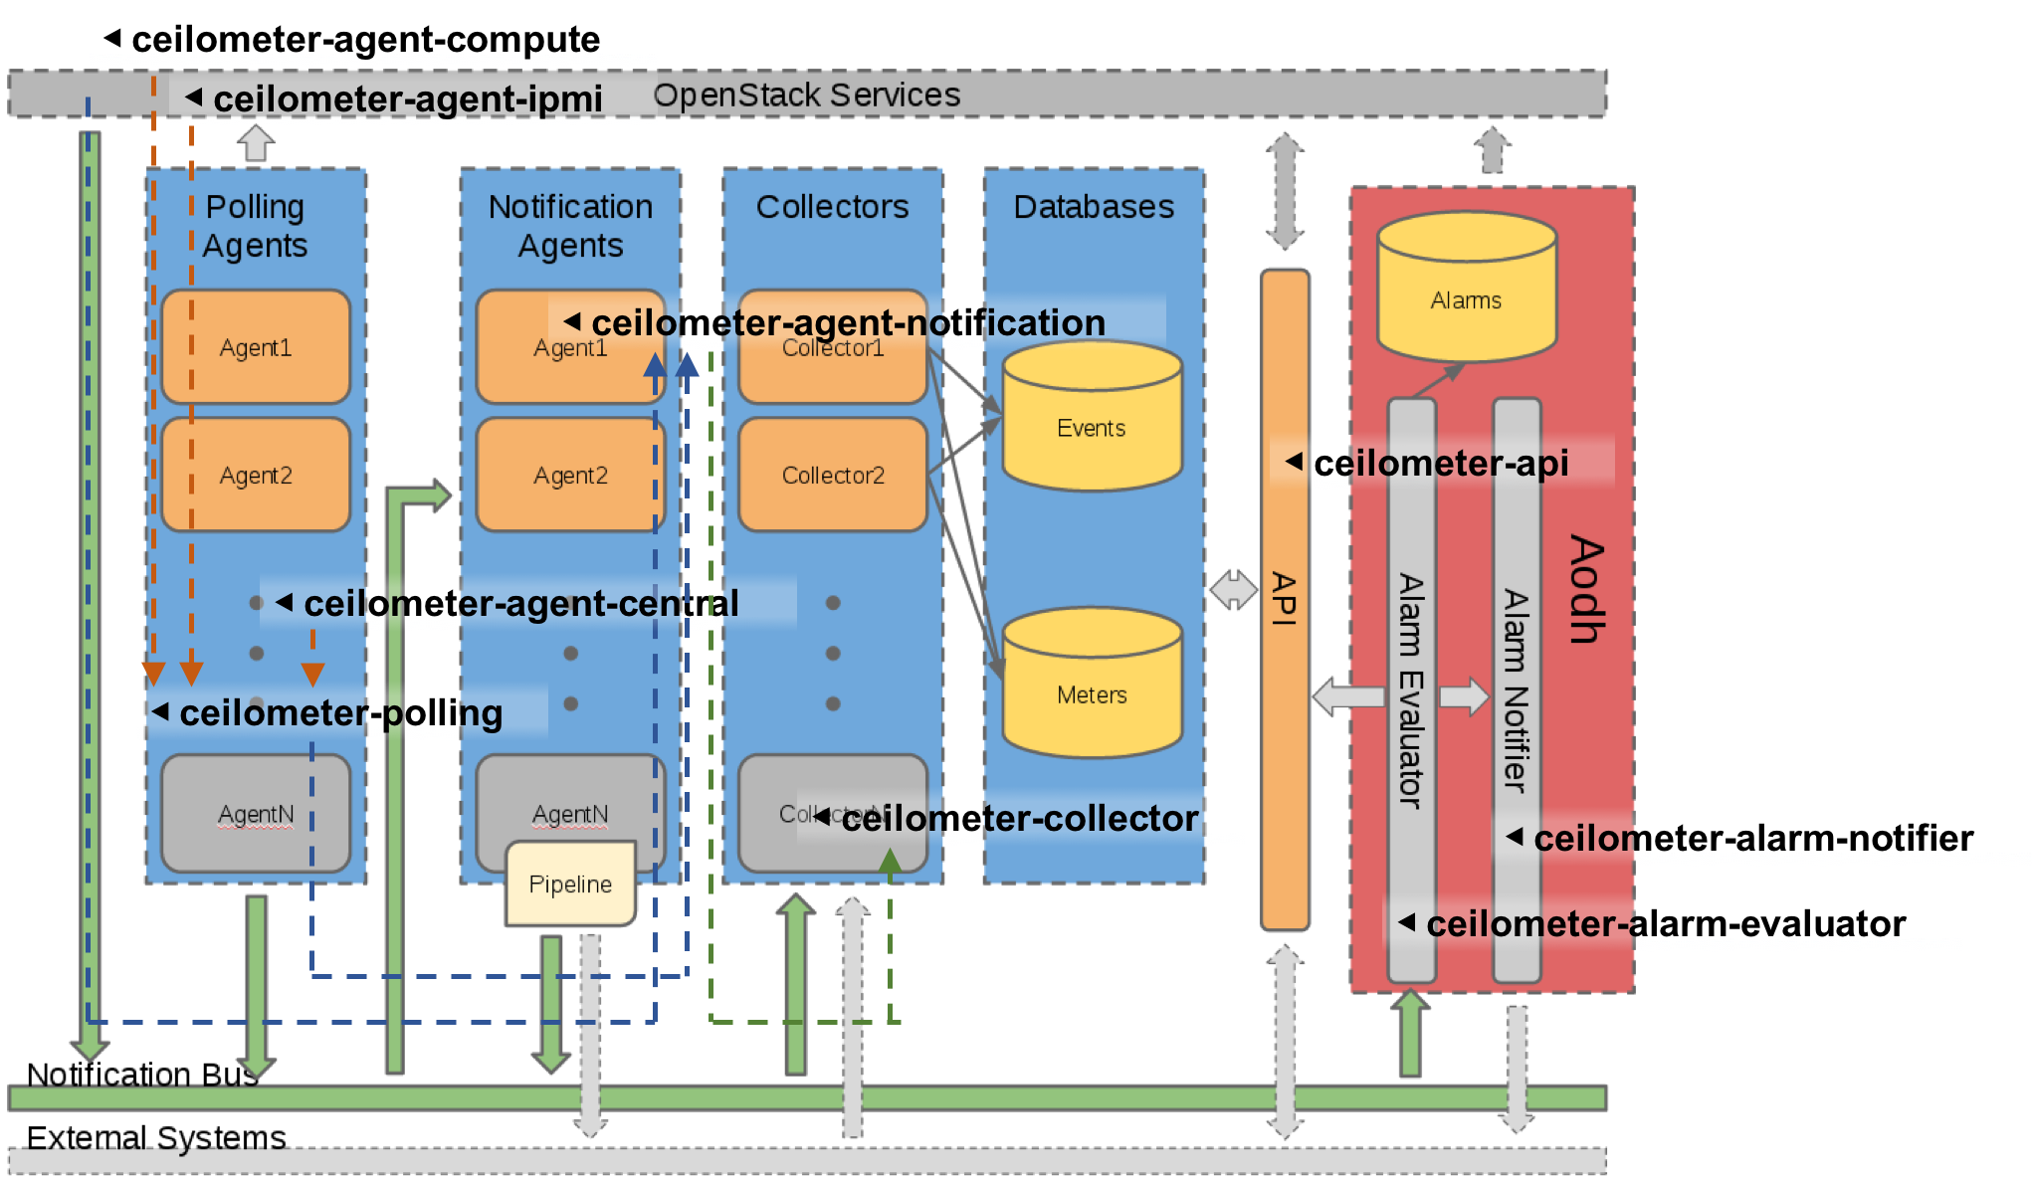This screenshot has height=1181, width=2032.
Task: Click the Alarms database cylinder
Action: point(1466,288)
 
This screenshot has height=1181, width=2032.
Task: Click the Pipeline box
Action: point(570,884)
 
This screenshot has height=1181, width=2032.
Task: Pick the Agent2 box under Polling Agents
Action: point(256,475)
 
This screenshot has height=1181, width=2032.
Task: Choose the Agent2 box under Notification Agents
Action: point(570,475)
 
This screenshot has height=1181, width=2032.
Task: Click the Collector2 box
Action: point(833,475)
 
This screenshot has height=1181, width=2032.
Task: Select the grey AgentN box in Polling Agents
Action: point(256,814)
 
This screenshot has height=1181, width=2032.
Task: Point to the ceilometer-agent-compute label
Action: point(365,39)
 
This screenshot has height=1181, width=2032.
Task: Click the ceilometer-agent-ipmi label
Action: point(407,98)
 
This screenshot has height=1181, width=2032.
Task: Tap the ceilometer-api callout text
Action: point(1440,463)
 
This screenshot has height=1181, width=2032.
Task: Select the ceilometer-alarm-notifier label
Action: point(1752,838)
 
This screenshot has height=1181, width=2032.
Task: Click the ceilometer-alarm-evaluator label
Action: point(1665,923)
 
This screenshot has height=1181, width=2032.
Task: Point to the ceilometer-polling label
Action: point(340,712)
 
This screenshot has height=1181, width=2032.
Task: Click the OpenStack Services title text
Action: point(806,95)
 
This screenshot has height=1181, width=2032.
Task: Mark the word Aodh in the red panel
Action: point(1586,589)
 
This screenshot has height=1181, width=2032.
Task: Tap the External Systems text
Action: point(155,1137)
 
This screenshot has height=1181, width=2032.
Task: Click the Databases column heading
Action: point(1093,206)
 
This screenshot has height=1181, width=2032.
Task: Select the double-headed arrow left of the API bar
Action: point(1234,589)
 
